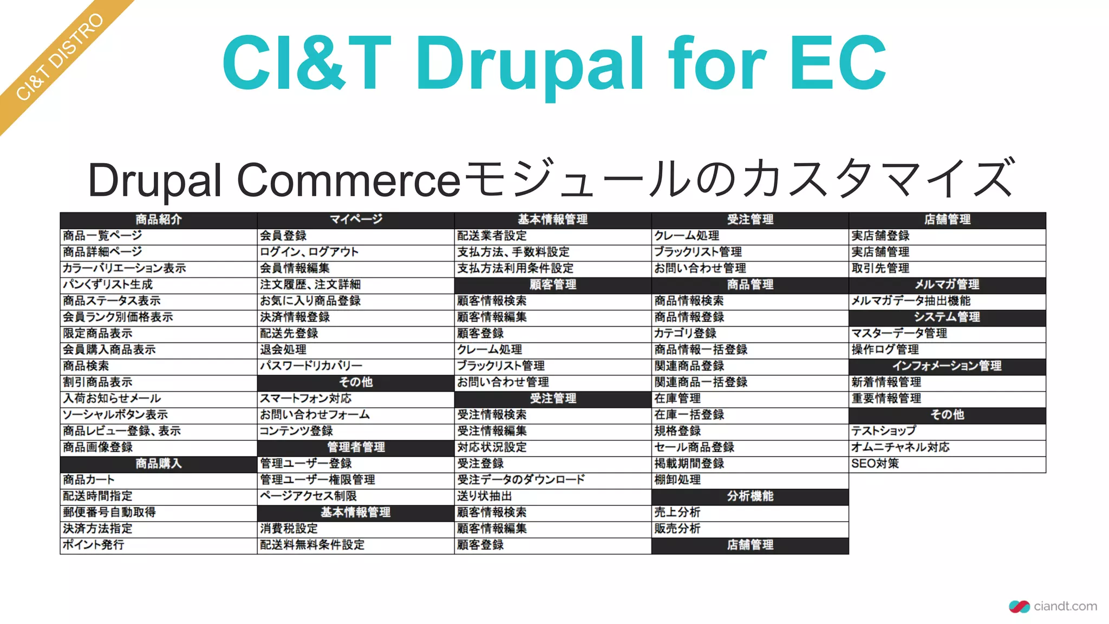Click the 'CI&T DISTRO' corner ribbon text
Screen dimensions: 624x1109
tap(60, 57)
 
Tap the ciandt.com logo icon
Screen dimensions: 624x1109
tap(1019, 607)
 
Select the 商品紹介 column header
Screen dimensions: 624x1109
tap(159, 219)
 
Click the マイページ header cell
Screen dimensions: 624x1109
tap(356, 219)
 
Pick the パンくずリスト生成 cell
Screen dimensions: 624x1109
tap(108, 284)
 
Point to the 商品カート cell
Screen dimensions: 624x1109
tap(89, 480)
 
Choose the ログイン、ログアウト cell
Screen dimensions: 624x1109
tap(309, 252)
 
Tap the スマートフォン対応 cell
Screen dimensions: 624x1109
tap(305, 399)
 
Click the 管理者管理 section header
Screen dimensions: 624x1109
tap(356, 447)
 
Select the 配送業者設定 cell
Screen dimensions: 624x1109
tap(492, 236)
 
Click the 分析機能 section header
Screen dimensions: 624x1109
tap(750, 496)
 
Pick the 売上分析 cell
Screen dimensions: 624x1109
tap(677, 512)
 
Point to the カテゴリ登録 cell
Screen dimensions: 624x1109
tap(685, 333)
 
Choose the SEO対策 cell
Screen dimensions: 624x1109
tap(875, 464)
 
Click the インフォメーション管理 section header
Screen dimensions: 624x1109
tap(947, 366)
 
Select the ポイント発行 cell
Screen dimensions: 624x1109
tap(94, 545)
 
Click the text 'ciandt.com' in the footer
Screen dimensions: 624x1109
tap(1065, 607)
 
